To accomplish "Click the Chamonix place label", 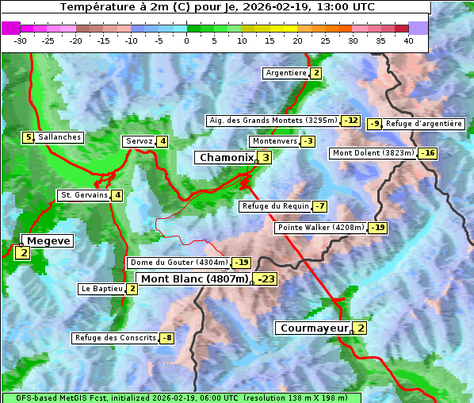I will pyautogui.click(x=226, y=158).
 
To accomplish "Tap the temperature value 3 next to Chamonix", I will pyautogui.click(x=266, y=158).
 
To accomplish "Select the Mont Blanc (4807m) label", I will pyautogui.click(x=194, y=279).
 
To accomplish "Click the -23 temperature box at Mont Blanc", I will pyautogui.click(x=266, y=279).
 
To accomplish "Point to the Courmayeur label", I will pyautogui.click(x=314, y=328).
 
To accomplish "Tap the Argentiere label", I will pyautogui.click(x=286, y=73).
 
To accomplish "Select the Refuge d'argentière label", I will pyautogui.click(x=424, y=124).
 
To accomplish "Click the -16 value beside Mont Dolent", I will pyautogui.click(x=428, y=153).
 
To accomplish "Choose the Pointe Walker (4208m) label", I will pyautogui.click(x=320, y=228).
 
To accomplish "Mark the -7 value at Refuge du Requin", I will pyautogui.click(x=319, y=206).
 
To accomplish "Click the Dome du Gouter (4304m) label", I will pyautogui.click(x=178, y=263).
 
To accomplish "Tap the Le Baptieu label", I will pyautogui.click(x=101, y=289).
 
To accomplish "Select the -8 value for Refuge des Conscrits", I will pyautogui.click(x=166, y=338).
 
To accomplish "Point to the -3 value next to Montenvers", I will pyautogui.click(x=308, y=141).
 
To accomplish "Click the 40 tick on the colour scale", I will pyautogui.click(x=408, y=40).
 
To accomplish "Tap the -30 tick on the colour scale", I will pyautogui.click(x=21, y=40).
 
